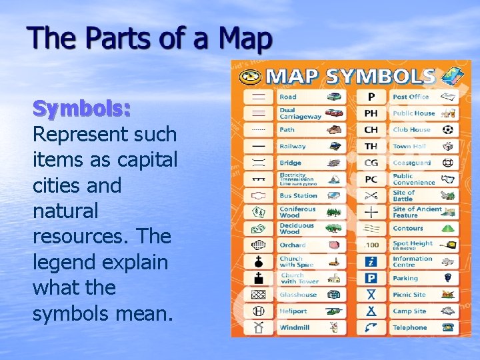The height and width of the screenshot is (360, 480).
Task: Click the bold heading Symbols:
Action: [x=81, y=108]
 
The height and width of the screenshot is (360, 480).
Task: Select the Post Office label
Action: [x=411, y=97]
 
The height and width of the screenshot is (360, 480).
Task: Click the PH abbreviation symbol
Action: [x=371, y=113]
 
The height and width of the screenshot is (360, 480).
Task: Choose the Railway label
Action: [x=293, y=147]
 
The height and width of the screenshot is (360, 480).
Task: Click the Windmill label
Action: [x=294, y=327]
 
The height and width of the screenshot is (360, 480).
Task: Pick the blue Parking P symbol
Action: [x=371, y=278]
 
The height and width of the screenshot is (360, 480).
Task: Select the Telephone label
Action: [x=409, y=327]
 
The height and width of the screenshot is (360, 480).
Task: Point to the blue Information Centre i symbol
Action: [x=371, y=261]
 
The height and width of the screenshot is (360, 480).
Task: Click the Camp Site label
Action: [x=409, y=311]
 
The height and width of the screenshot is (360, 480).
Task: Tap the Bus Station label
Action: [x=298, y=196]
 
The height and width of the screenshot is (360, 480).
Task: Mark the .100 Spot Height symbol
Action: [x=371, y=245]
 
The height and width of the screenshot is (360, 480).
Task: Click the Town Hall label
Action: [x=409, y=147]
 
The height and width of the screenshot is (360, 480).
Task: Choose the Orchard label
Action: [x=293, y=245]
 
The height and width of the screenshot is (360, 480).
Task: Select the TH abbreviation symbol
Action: [x=371, y=147]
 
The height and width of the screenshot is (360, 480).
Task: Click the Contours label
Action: [x=408, y=229]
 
